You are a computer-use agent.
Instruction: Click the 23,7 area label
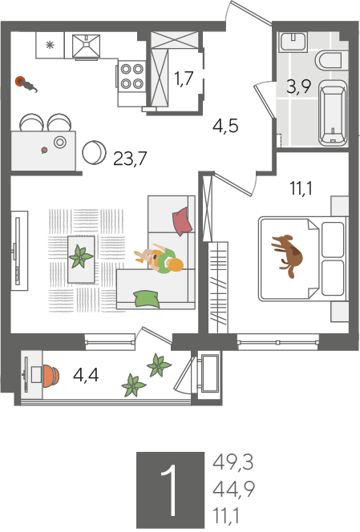[x=130, y=158]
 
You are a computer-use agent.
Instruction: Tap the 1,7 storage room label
[x=184, y=79]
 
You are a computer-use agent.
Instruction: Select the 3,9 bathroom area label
[x=298, y=87]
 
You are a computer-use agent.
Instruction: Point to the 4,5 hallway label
[x=225, y=126]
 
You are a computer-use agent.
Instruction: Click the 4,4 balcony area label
[x=86, y=375]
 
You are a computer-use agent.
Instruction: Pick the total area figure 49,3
[x=233, y=462]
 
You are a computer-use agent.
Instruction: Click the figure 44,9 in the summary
[x=233, y=490]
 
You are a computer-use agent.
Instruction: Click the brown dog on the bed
[x=287, y=255]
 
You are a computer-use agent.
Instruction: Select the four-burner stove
[x=132, y=76]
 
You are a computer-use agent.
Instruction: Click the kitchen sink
[x=87, y=46]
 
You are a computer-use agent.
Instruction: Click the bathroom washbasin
[x=293, y=42]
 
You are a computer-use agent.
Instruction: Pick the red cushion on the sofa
[x=182, y=220]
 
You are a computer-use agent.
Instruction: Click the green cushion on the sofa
[x=147, y=299]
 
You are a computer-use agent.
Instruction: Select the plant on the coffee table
[x=81, y=257]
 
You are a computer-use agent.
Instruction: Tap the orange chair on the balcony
[x=51, y=376]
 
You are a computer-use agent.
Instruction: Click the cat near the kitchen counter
[x=26, y=84]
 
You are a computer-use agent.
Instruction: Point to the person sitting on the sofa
[x=160, y=259]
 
